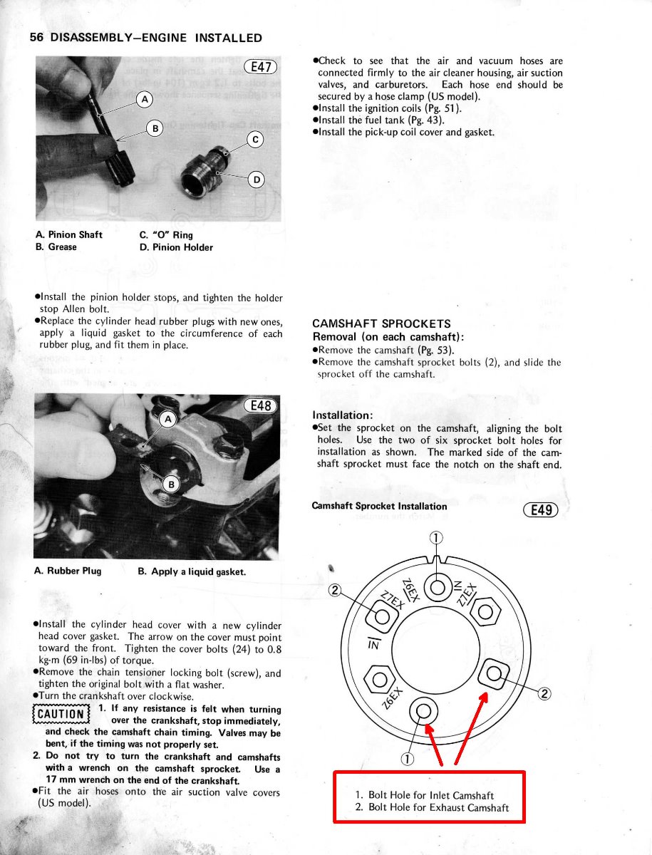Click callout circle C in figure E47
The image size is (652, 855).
point(255,139)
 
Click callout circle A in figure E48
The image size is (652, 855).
point(169,420)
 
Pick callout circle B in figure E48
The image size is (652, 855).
point(170,484)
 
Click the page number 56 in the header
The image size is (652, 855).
point(37,38)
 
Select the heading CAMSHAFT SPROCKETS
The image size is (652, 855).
point(381,323)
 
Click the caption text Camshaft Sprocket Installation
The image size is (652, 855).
point(379,507)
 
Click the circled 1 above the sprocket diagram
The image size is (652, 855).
point(436,537)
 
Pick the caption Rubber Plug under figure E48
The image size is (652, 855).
point(68,571)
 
